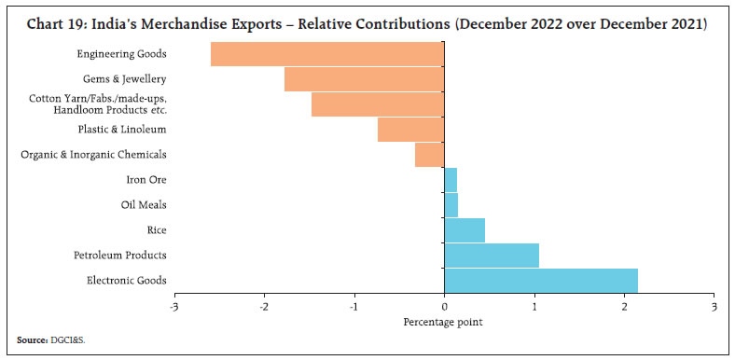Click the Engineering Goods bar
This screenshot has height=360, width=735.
(326, 54)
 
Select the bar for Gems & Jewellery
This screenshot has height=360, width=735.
(364, 79)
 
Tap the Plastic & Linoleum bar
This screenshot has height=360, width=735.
(410, 130)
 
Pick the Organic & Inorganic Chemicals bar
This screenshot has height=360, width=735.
(429, 155)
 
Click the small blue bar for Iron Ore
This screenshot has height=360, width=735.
(451, 179)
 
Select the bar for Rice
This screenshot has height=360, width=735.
(465, 229)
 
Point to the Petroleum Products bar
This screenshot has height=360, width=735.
(492, 255)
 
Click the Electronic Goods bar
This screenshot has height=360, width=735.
(541, 280)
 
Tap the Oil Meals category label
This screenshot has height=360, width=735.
(144, 204)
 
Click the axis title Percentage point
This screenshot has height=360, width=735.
(444, 322)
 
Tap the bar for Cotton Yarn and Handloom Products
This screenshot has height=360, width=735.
(378, 104)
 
